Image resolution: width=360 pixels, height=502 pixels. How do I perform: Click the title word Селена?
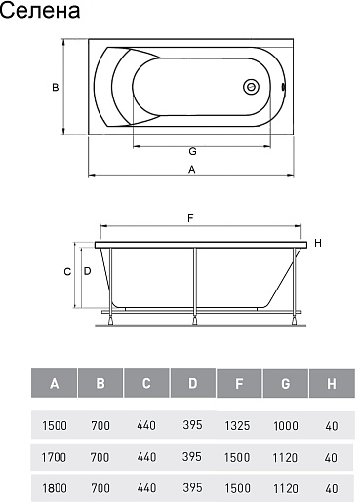40,10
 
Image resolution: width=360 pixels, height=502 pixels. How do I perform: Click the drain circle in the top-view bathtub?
251,87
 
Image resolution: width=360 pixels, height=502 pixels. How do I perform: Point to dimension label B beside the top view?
56,87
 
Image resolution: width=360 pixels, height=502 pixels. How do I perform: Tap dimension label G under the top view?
192,151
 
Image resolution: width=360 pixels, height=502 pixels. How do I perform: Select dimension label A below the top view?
192,170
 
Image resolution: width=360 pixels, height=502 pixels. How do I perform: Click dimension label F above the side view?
190,218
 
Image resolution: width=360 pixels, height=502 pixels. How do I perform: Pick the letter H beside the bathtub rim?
318,243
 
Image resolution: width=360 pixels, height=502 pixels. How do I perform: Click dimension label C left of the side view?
67,271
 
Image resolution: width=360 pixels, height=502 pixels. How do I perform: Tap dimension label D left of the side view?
87,271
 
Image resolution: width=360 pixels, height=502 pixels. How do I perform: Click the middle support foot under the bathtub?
195,320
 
